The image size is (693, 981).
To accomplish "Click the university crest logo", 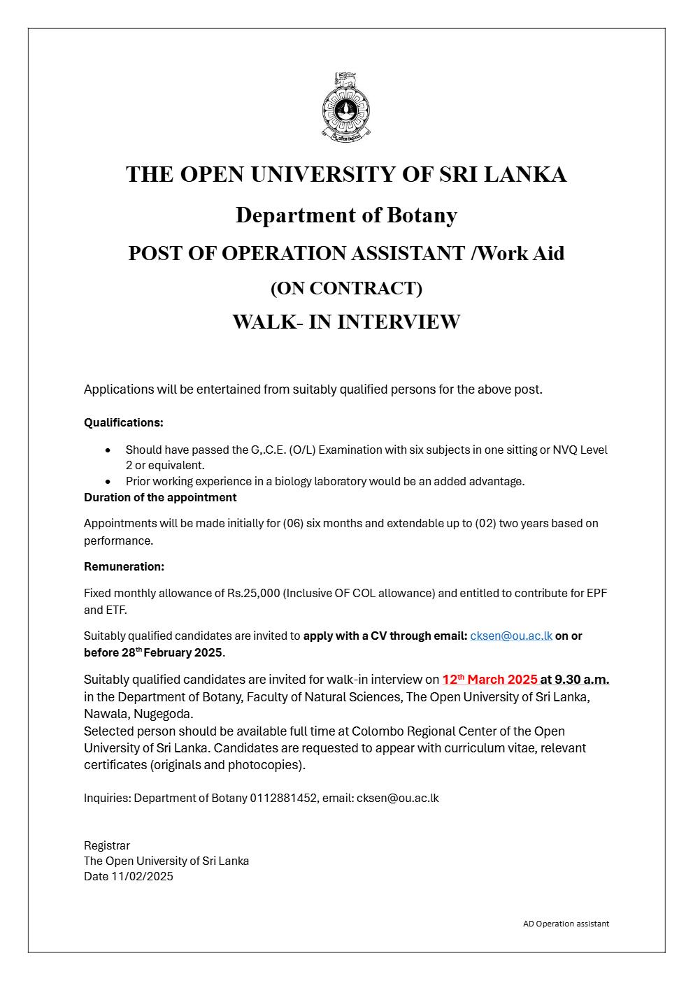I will [346, 108].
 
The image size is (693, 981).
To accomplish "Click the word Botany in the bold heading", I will [422, 215].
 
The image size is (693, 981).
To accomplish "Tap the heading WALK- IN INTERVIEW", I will [346, 322].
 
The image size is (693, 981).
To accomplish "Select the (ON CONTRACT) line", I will [346, 288].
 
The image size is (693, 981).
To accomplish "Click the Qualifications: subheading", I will [124, 423].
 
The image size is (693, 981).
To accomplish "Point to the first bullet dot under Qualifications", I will [108, 450].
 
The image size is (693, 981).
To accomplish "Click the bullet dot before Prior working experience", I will [108, 482].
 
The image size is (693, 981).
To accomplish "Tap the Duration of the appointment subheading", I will [160, 498].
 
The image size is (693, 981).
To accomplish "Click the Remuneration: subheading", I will [124, 567].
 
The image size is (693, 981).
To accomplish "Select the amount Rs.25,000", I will [253, 594].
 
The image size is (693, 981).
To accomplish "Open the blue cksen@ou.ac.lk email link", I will [511, 636].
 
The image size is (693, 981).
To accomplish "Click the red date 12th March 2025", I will [490, 680].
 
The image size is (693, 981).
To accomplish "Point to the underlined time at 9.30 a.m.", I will [574, 680].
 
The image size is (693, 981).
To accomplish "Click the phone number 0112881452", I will [283, 799].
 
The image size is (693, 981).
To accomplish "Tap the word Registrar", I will [107, 846].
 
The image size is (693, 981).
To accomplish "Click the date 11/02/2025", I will [142, 877].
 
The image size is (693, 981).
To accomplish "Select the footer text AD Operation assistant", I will [566, 924].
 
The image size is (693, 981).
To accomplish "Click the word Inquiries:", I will [107, 799].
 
